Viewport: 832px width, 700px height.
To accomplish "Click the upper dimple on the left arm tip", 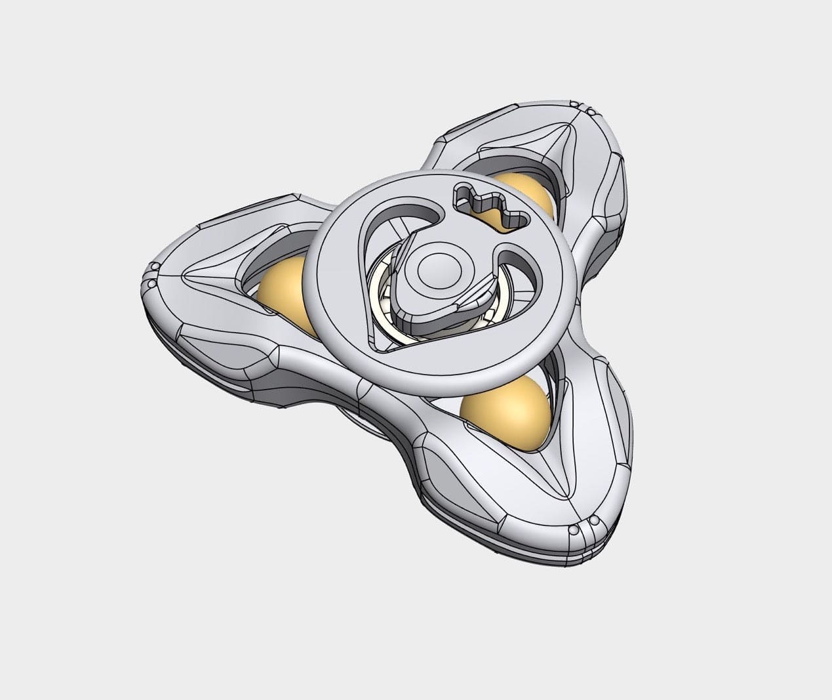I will [x=155, y=266].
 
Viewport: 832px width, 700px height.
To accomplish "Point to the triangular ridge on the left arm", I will [x=210, y=282].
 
